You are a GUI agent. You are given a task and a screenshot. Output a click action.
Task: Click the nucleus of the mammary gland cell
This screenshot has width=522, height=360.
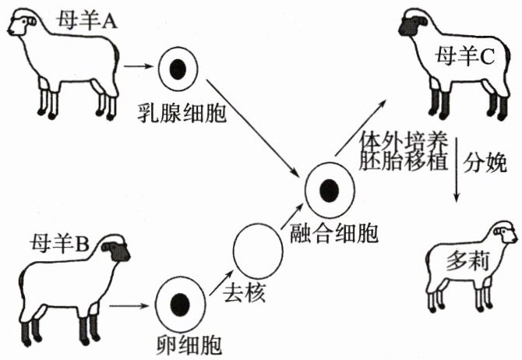[x=178, y=70]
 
